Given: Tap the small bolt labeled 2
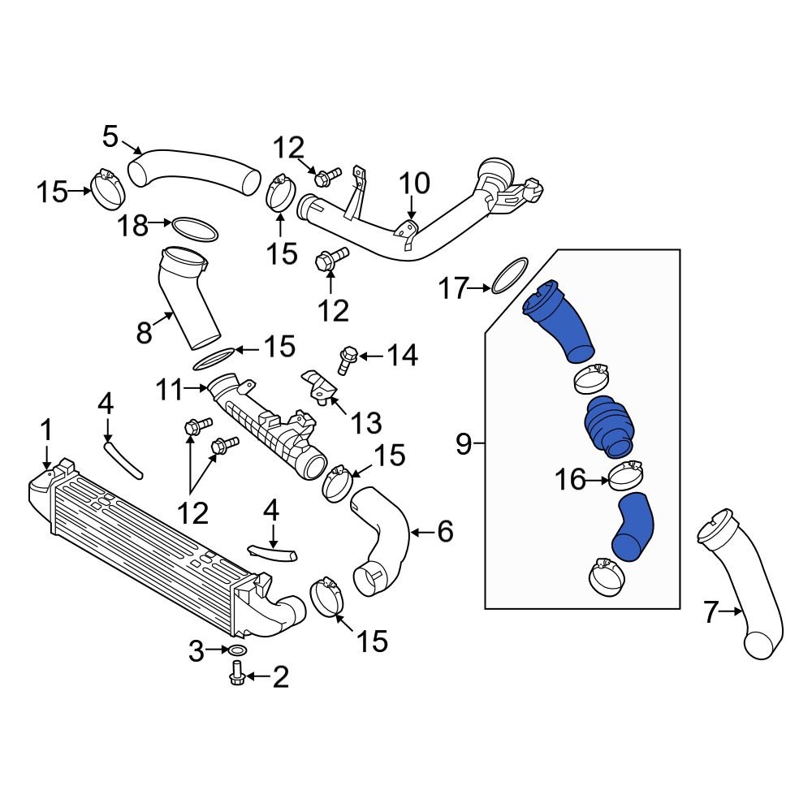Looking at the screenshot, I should coord(237,672).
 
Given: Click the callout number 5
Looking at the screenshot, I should coord(111,136).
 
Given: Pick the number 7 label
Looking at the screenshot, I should coord(711,612).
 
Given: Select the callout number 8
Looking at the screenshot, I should coord(145,332).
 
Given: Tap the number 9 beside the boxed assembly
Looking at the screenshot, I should coord(464,443).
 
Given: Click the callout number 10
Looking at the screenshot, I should coord(414,184).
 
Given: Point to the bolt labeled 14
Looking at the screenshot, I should coord(348,360).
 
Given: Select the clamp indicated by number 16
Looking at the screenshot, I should coord(625,477).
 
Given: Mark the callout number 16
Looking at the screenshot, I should coord(570,480).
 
